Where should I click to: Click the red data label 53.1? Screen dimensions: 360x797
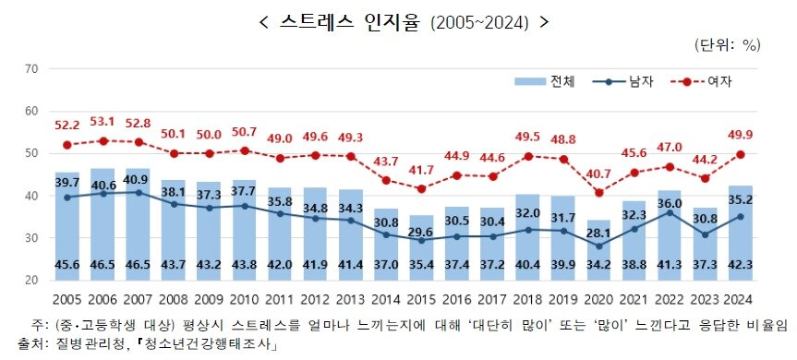101,121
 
